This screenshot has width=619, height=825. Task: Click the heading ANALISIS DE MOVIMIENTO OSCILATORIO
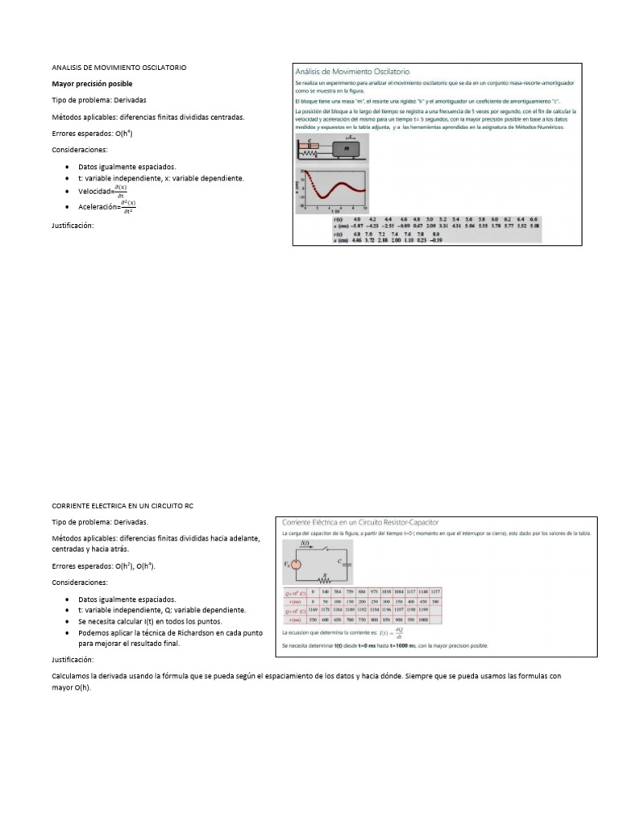point(119,68)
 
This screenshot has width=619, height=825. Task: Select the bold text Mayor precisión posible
point(92,84)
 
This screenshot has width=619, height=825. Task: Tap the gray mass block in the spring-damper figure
point(347,149)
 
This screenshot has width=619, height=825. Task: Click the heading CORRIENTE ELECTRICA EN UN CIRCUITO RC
point(123,505)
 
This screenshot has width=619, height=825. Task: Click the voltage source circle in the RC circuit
point(296,564)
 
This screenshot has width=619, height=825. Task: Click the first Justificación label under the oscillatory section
point(73,226)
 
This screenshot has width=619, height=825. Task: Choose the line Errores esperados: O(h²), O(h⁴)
point(104,566)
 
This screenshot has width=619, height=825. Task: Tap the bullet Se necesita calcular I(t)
point(149,622)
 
